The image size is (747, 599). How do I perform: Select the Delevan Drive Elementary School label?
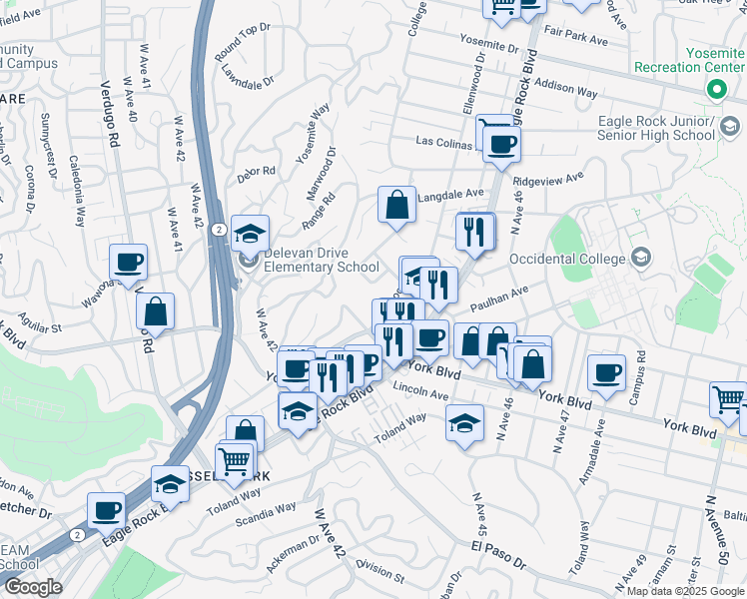click(x=321, y=260)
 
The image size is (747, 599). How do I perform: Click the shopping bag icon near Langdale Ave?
click(x=397, y=206)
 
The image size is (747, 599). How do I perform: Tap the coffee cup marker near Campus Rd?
click(x=607, y=373)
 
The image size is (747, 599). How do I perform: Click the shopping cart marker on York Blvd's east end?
click(x=728, y=399)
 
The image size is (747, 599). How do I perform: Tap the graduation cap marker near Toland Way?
click(x=464, y=423)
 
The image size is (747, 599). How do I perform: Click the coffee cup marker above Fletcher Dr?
click(x=106, y=510)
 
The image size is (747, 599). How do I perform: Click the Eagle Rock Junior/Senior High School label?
click(x=656, y=128)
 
